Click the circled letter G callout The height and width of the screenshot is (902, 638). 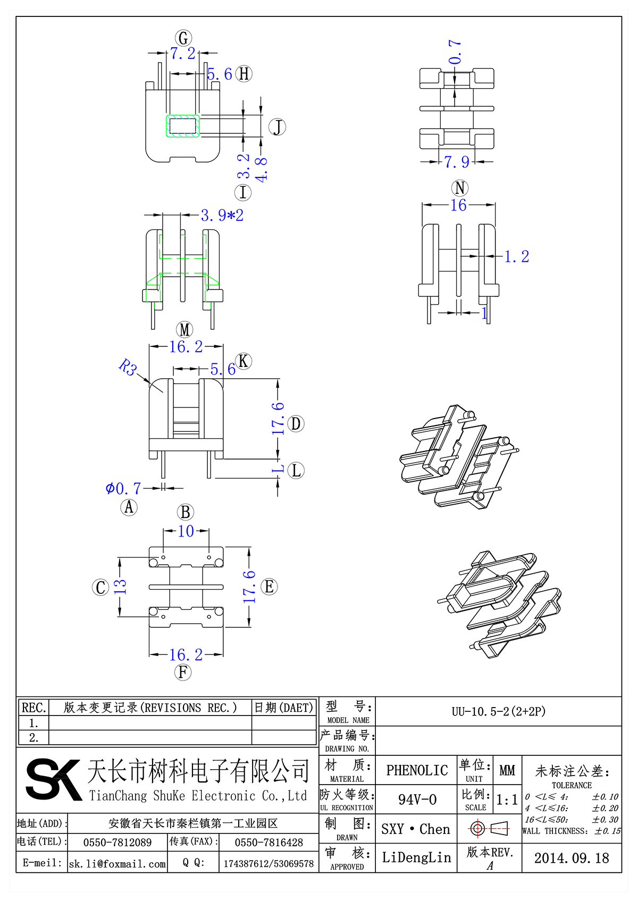pyautogui.click(x=183, y=38)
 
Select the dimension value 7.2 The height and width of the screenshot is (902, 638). pyautogui.click(x=182, y=54)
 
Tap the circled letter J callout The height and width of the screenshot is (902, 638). pyautogui.click(x=277, y=127)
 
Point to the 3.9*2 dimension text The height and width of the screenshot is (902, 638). pyautogui.click(x=222, y=215)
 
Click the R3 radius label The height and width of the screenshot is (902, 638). pyautogui.click(x=128, y=367)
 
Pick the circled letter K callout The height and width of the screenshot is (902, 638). pyautogui.click(x=243, y=361)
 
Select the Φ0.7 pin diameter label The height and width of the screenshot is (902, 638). pyautogui.click(x=123, y=488)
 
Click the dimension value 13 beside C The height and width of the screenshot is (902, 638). pyautogui.click(x=121, y=586)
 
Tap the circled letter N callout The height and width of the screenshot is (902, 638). pyautogui.click(x=459, y=188)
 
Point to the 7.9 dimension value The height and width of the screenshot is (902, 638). pyautogui.click(x=457, y=161)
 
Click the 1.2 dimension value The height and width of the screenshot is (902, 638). pyautogui.click(x=516, y=257)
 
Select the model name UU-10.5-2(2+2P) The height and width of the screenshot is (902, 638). pyautogui.click(x=498, y=711)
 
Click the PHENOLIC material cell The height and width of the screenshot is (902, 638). pyautogui.click(x=417, y=770)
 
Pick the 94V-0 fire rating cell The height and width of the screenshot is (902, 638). pyautogui.click(x=417, y=799)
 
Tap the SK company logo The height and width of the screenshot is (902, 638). pyautogui.click(x=53, y=779)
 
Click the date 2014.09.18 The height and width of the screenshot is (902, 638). pyautogui.click(x=571, y=858)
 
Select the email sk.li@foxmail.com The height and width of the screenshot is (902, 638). pyautogui.click(x=117, y=864)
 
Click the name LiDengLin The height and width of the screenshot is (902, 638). pyautogui.click(x=416, y=857)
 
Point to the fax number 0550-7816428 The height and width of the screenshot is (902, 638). pyautogui.click(x=268, y=843)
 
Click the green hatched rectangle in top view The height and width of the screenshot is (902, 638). pyautogui.click(x=183, y=126)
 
